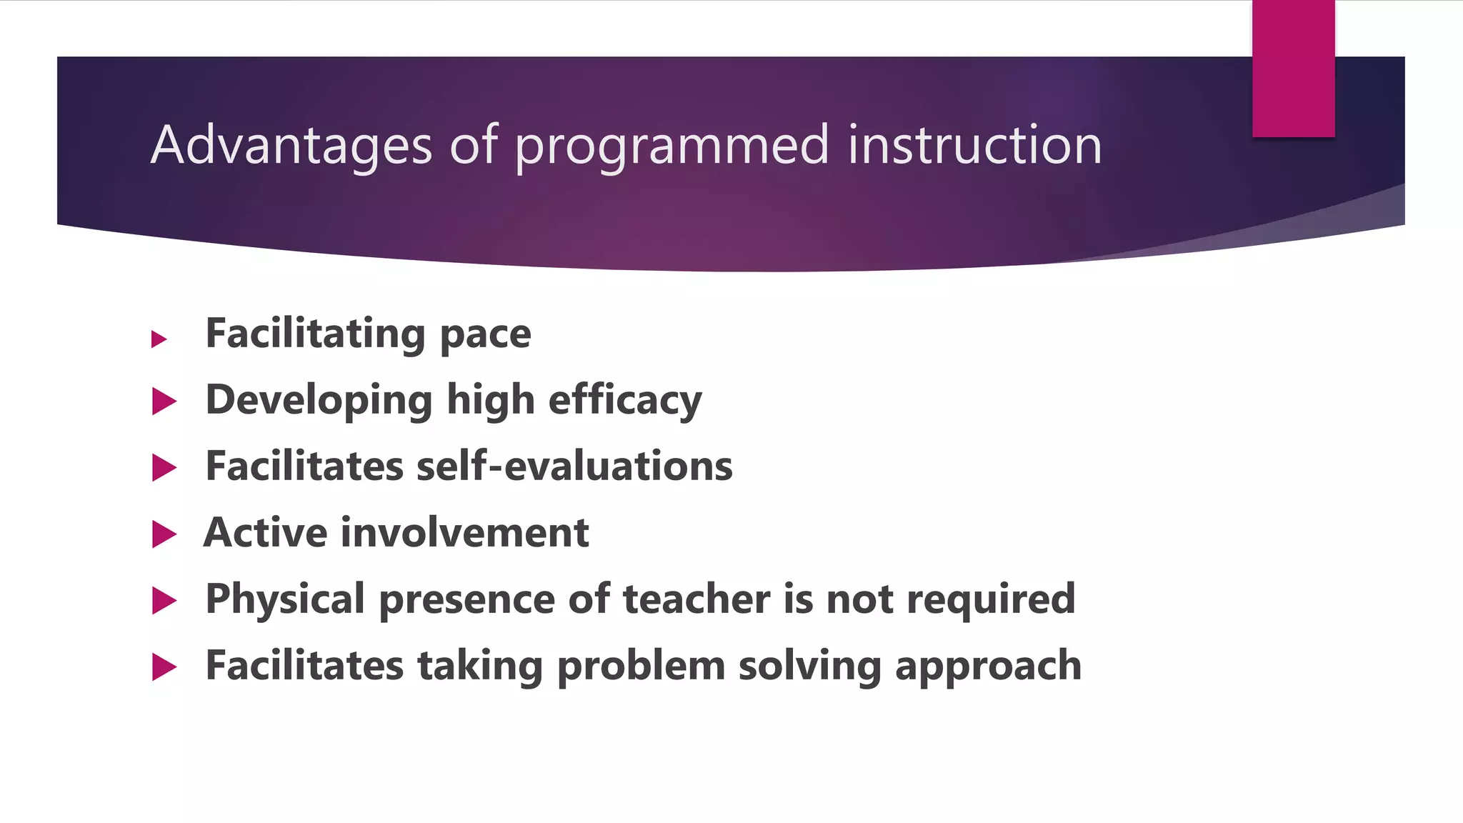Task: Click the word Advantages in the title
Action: click(x=291, y=145)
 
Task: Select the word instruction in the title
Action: click(x=974, y=145)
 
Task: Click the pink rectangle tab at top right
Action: click(x=1293, y=69)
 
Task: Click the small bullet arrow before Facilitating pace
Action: click(x=159, y=339)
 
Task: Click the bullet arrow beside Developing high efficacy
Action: click(x=164, y=401)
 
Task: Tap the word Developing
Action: click(x=319, y=401)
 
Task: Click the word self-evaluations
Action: click(x=574, y=467)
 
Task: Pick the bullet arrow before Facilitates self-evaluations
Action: click(x=164, y=468)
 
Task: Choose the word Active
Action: click(x=265, y=533)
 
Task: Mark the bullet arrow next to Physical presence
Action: click(x=164, y=601)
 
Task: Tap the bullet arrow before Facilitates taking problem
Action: click(x=164, y=667)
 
